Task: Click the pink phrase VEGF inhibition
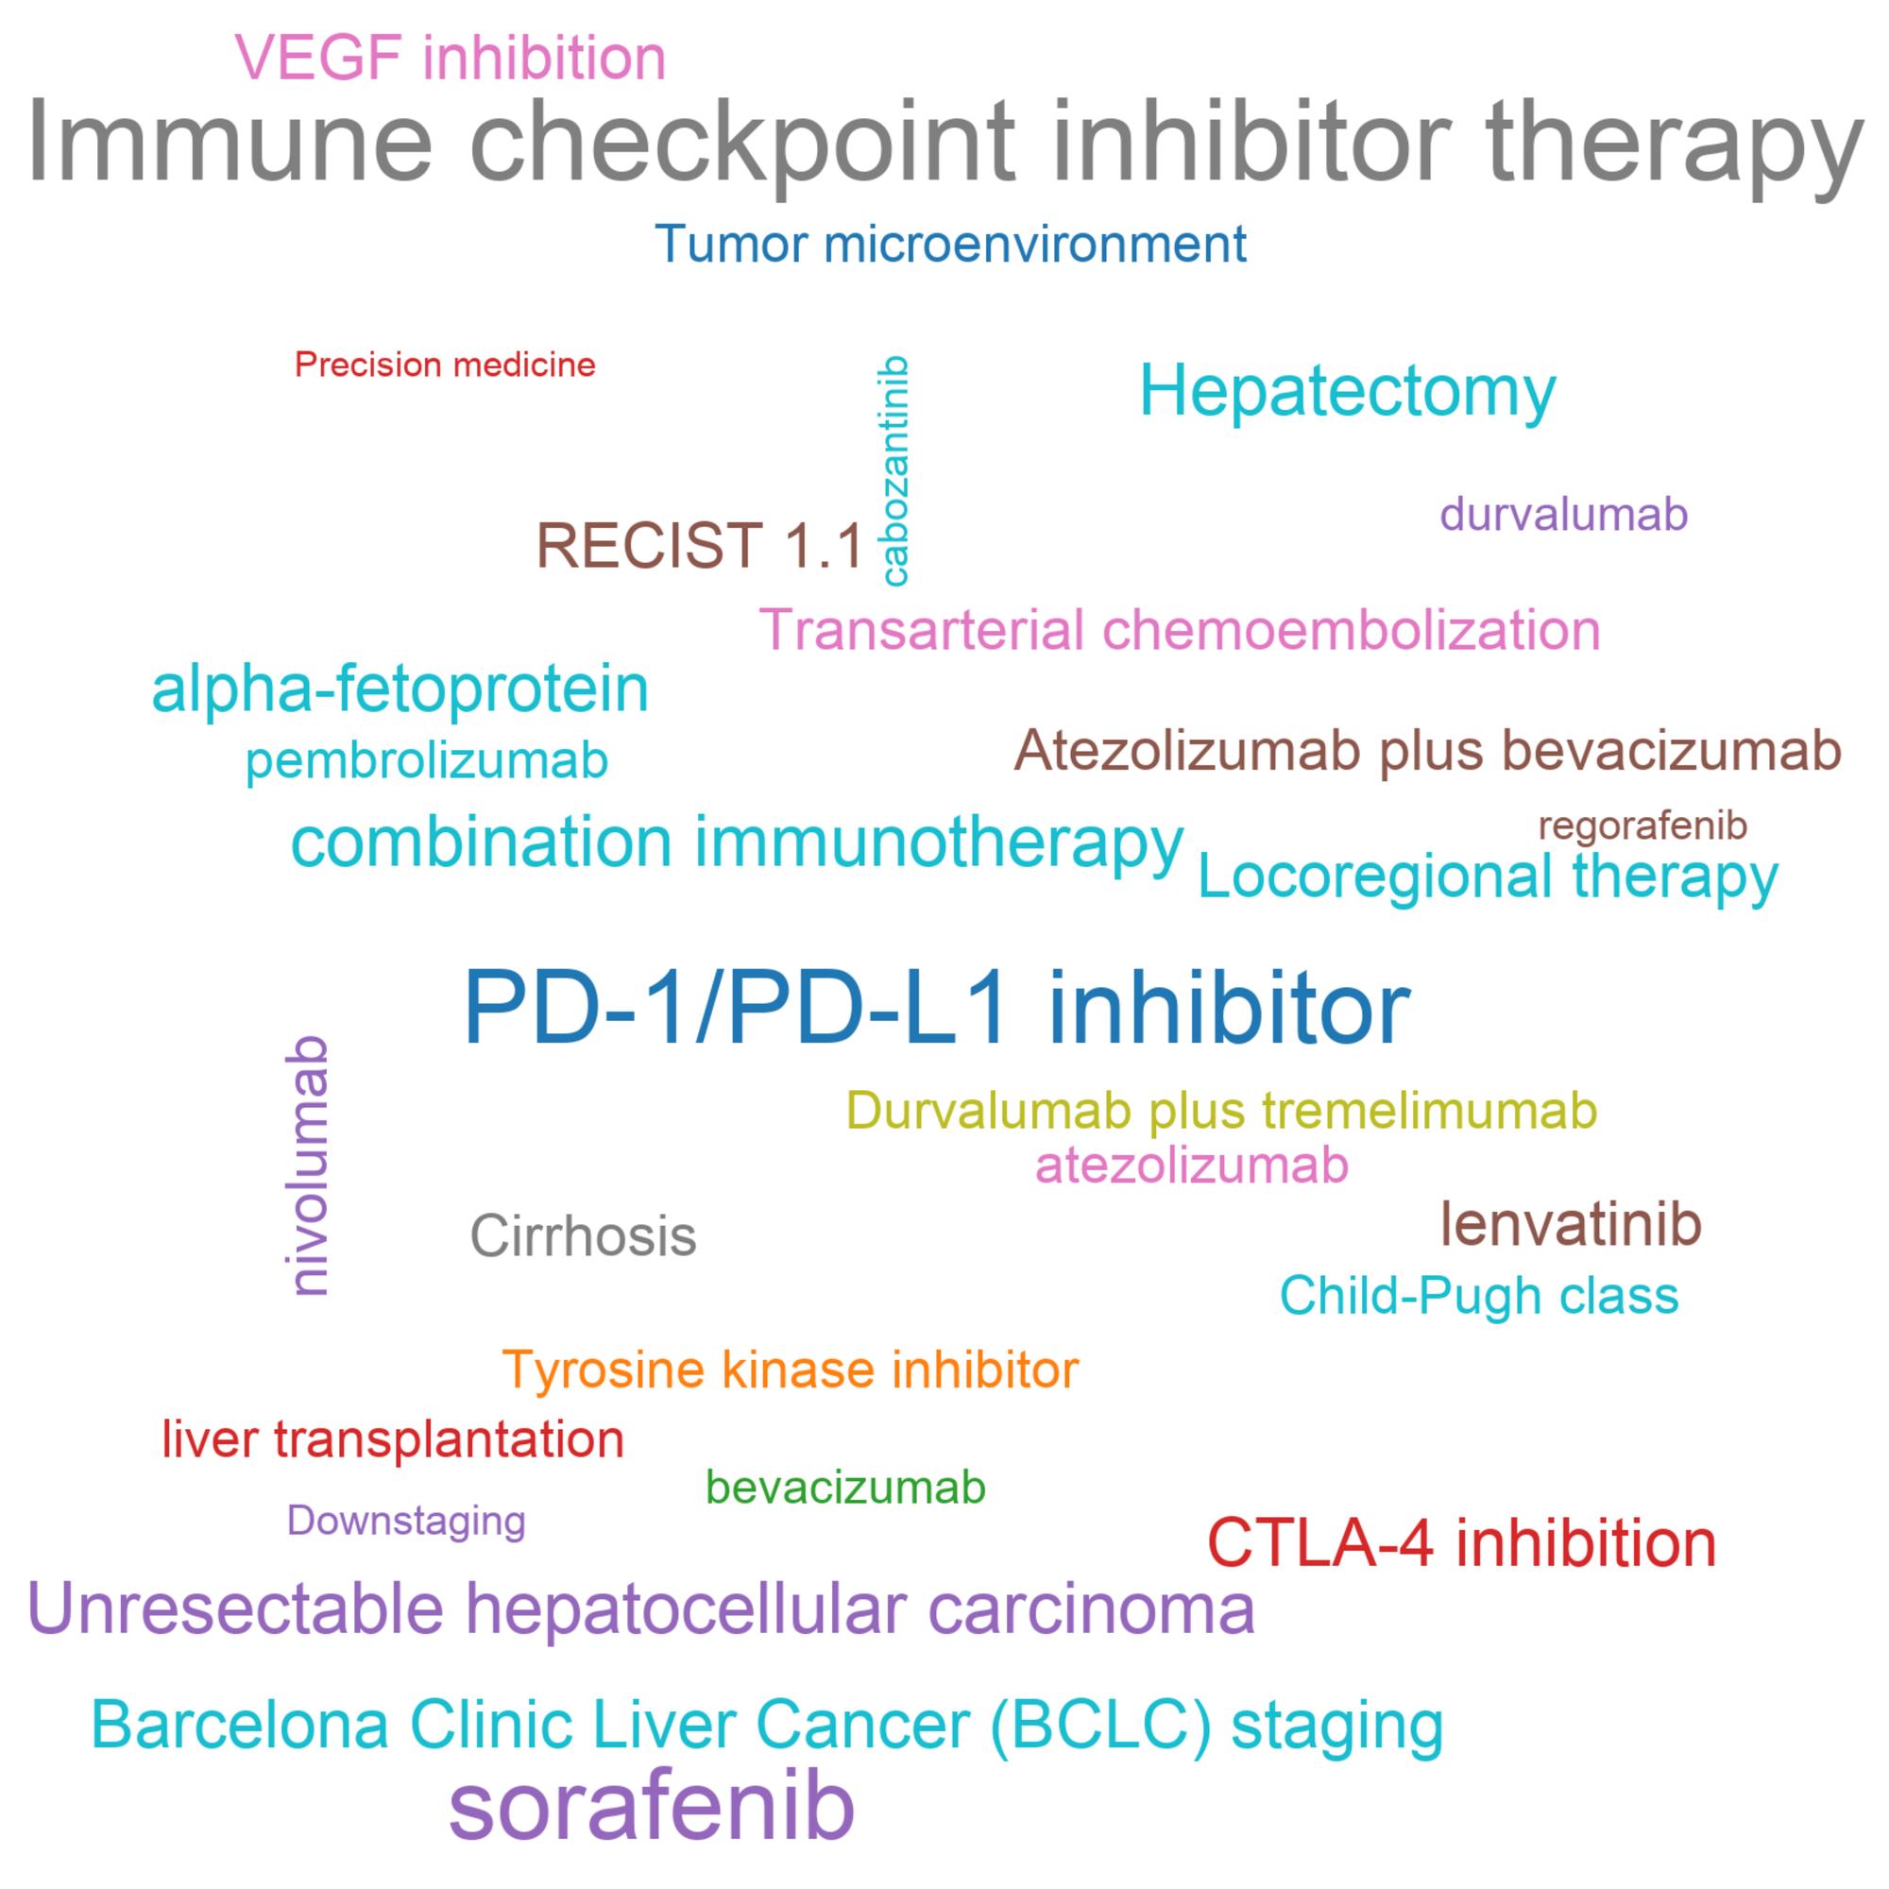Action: point(451,58)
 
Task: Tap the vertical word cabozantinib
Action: point(894,471)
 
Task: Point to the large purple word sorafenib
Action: point(651,1808)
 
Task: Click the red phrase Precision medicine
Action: point(445,365)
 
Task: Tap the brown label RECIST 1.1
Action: point(700,545)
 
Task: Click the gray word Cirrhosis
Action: point(584,1234)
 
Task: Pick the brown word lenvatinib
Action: point(1572,1223)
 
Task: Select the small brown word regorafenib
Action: point(1642,826)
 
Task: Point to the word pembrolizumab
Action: point(427,760)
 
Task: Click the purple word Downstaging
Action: point(407,1521)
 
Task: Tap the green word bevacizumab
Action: point(845,1488)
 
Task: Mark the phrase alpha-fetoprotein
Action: point(400,689)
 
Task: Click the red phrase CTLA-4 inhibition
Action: point(1462,1543)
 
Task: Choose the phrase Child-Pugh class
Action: point(1479,1297)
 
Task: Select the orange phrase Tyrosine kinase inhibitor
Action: point(791,1370)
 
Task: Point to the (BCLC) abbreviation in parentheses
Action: point(1100,1724)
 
